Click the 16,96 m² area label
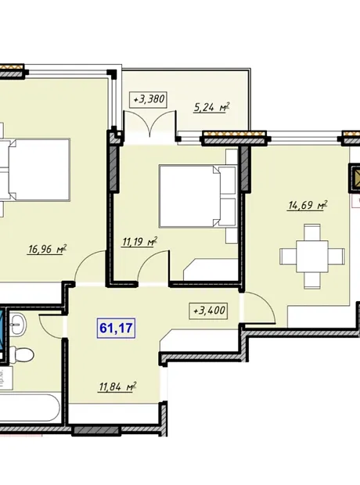click(x=47, y=249)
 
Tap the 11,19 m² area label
click(x=139, y=241)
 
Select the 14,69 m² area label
click(x=308, y=205)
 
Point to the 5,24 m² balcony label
click(x=212, y=107)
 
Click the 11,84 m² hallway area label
click(x=117, y=386)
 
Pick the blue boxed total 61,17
click(x=116, y=328)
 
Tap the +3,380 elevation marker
click(x=148, y=99)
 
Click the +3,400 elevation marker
click(x=209, y=311)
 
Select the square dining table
click(x=312, y=256)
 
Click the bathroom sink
click(x=18, y=324)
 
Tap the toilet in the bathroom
click(x=21, y=355)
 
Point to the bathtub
click(x=30, y=408)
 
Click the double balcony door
click(x=149, y=123)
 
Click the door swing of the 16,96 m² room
click(x=90, y=267)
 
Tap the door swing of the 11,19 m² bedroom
click(x=153, y=267)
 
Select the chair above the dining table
click(x=312, y=232)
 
